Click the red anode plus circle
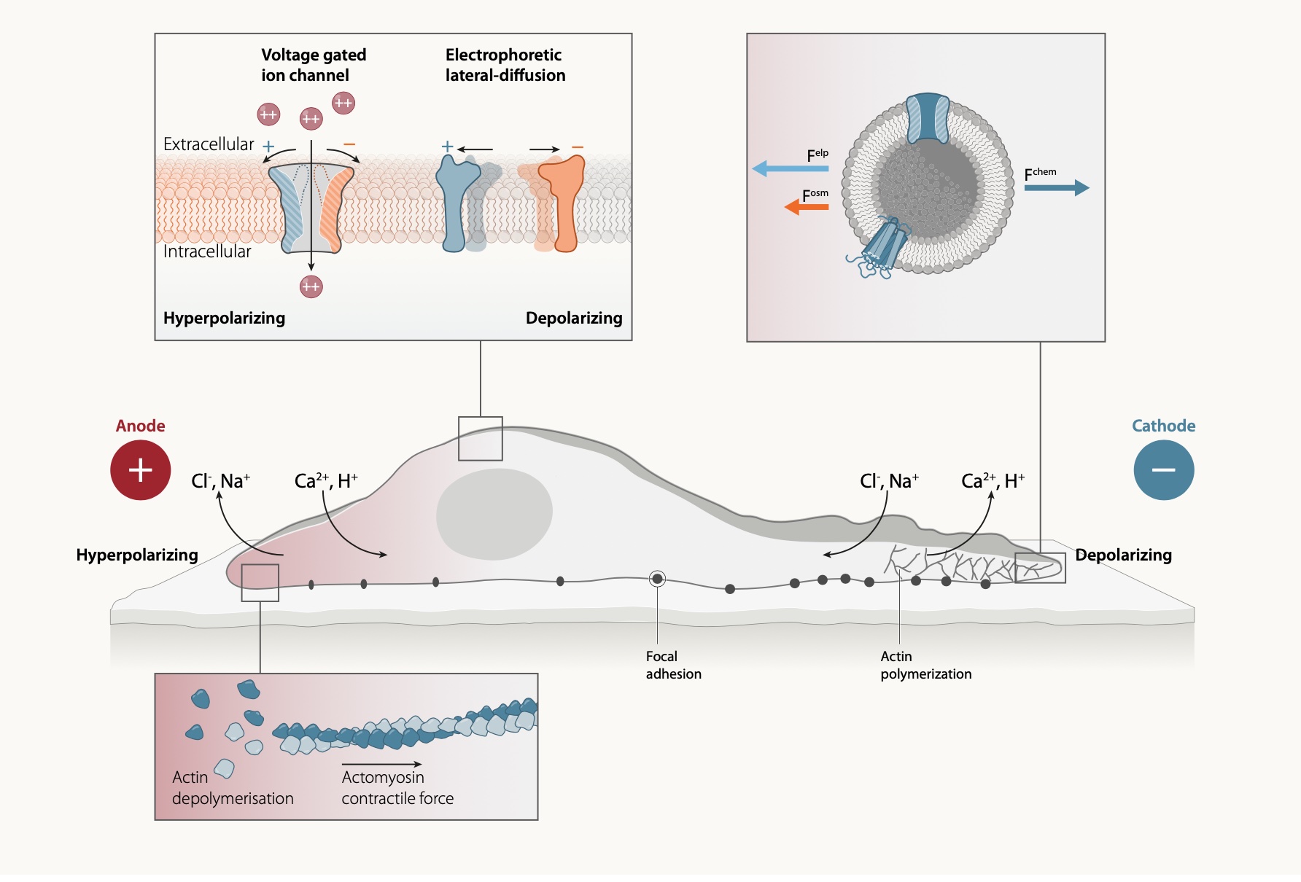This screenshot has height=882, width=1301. [140, 470]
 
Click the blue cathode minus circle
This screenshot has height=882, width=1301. [1163, 470]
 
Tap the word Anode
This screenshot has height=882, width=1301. [140, 426]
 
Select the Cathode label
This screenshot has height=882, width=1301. [1163, 426]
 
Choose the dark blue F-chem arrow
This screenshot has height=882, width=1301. [1057, 188]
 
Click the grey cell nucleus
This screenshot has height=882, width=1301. [494, 514]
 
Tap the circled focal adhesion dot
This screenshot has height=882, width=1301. [657, 579]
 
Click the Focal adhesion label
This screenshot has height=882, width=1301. [673, 665]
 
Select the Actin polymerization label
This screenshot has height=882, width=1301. [925, 665]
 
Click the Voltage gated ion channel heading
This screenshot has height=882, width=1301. [314, 65]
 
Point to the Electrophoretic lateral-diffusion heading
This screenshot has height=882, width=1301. [505, 65]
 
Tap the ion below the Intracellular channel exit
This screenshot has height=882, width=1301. [311, 286]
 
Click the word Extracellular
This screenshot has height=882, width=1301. [209, 144]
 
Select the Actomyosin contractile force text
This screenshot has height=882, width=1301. [397, 788]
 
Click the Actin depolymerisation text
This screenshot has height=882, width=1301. [232, 788]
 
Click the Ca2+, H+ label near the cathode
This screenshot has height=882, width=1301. [993, 481]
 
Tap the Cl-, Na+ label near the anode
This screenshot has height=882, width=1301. [220, 481]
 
